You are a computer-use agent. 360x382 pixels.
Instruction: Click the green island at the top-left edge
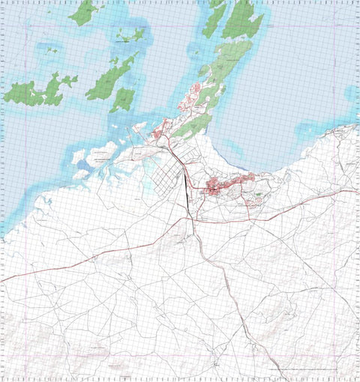(84, 12)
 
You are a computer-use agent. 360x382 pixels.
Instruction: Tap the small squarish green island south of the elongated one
(123, 98)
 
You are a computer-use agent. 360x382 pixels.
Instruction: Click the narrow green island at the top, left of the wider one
(215, 18)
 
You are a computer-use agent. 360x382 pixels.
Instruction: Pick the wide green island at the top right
(242, 18)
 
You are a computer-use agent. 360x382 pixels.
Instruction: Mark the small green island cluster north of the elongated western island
(130, 35)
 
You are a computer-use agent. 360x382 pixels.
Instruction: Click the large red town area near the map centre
(218, 187)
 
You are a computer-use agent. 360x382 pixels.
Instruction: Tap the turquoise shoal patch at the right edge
(352, 94)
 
